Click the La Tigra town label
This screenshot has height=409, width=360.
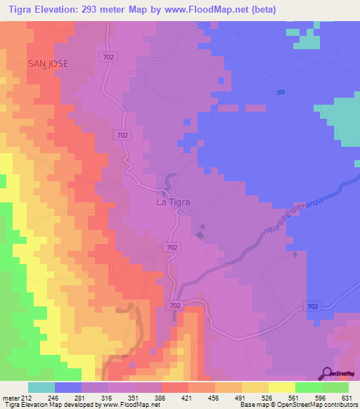point(172,202)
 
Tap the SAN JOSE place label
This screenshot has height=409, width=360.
point(49,63)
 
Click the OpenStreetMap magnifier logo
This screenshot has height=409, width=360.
point(327,372)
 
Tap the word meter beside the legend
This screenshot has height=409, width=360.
point(10,397)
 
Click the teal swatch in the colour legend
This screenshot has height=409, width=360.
point(41,387)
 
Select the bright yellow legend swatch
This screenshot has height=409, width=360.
point(281,387)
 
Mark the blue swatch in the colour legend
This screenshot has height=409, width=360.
point(68,387)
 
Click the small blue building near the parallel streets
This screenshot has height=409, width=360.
point(281,92)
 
